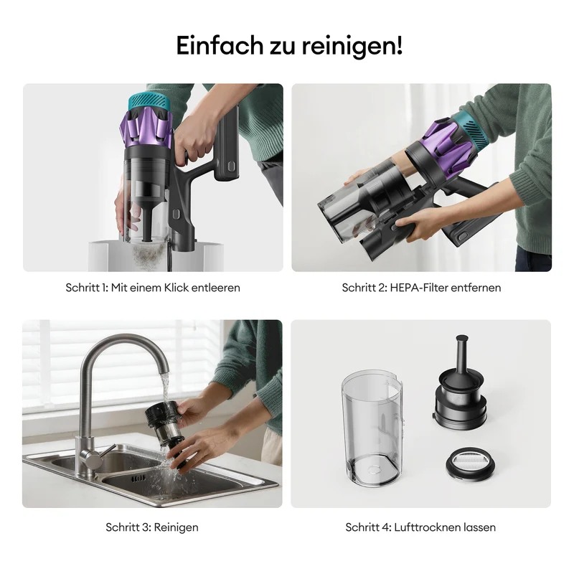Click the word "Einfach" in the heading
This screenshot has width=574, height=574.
click(220, 45)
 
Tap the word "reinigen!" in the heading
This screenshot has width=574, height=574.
click(352, 47)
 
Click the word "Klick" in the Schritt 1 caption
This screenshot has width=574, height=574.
click(176, 288)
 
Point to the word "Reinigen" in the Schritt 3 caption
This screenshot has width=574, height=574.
click(176, 527)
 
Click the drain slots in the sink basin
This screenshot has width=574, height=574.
click(138, 478)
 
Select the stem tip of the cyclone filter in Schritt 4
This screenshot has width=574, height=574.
click(461, 338)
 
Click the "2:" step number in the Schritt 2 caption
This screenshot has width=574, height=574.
click(382, 288)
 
